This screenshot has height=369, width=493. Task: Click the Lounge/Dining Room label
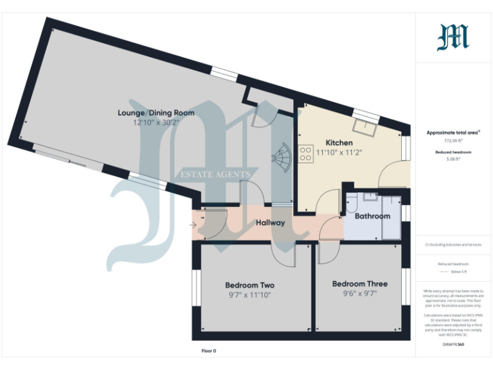[x=155, y=113]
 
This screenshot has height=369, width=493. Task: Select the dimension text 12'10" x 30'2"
[x=155, y=122]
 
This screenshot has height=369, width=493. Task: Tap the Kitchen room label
[x=339, y=142]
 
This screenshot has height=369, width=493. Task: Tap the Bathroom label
[x=372, y=216]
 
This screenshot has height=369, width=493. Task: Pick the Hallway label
[x=270, y=223]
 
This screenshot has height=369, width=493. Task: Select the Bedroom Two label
[x=250, y=285]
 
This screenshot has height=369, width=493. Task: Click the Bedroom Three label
[x=359, y=284]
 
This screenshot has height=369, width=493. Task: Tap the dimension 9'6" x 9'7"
[x=359, y=293]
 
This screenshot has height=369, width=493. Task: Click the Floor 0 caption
[x=209, y=351]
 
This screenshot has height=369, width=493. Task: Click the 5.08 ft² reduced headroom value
[x=453, y=160]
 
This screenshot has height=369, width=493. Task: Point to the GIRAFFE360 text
[x=453, y=345]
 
